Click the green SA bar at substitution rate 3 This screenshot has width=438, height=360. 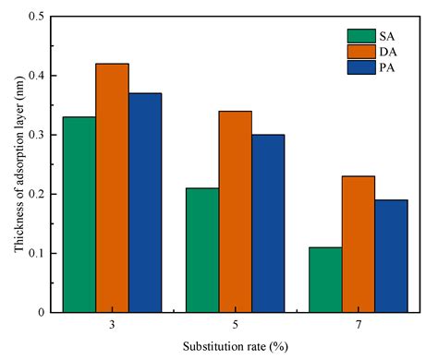point(79,214)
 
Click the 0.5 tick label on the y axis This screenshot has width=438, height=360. point(37,17)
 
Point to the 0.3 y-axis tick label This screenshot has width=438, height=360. point(37,135)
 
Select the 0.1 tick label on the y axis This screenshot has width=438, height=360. point(37,253)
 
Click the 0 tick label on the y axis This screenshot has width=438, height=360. point(43,312)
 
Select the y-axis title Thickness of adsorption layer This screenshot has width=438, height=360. point(12,164)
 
